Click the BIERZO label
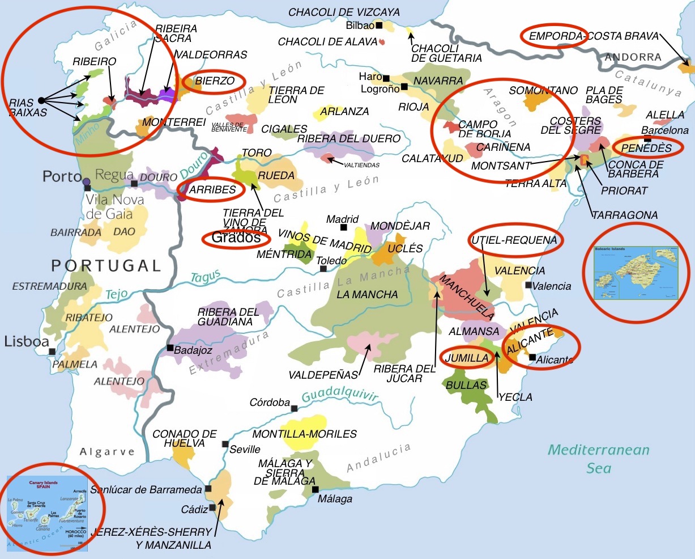(x=215, y=81)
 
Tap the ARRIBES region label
(x=212, y=190)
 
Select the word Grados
(x=236, y=238)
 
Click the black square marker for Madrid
(x=343, y=227)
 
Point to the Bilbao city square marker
(x=378, y=26)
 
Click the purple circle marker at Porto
(x=86, y=182)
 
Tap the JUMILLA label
(x=466, y=358)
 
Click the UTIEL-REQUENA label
(x=514, y=240)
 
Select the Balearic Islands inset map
(x=634, y=273)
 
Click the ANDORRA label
(x=633, y=57)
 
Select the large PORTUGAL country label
(x=106, y=265)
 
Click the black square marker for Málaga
(x=315, y=489)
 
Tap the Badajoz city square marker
(x=169, y=348)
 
